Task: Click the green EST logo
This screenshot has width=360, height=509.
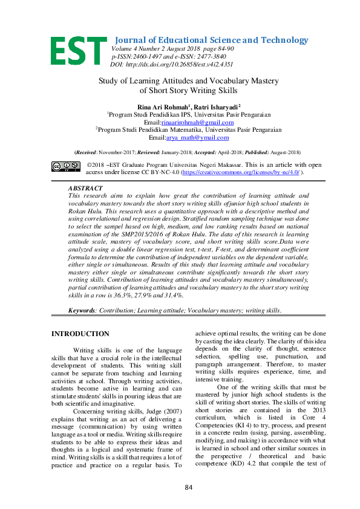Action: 78,51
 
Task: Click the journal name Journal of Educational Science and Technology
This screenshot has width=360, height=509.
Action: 211,40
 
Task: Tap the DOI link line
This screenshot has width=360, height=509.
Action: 171,63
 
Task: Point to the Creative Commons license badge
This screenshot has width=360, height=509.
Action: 66,165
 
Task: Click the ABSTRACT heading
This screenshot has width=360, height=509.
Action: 87,188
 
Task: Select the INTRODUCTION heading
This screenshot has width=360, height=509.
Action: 80,334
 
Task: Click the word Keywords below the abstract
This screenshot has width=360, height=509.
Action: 82,310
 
